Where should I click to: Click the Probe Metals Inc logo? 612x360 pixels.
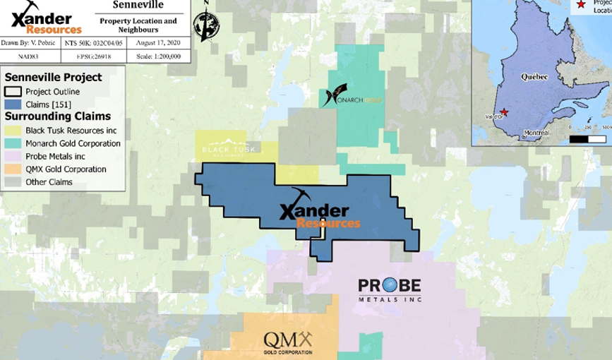[389, 289]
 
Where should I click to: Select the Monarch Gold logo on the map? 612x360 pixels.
[351, 97]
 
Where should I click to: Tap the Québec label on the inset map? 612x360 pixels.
[534, 76]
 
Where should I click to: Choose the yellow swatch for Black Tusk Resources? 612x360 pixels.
[13, 131]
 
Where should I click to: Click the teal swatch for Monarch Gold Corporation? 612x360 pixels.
[13, 143]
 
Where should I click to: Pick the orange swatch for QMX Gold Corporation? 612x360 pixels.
[13, 169]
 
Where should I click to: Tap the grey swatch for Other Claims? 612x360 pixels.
[13, 182]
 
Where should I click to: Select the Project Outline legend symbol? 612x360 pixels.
[13, 92]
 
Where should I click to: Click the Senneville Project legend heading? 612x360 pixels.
[54, 78]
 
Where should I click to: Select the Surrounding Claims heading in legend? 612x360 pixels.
[58, 116]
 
